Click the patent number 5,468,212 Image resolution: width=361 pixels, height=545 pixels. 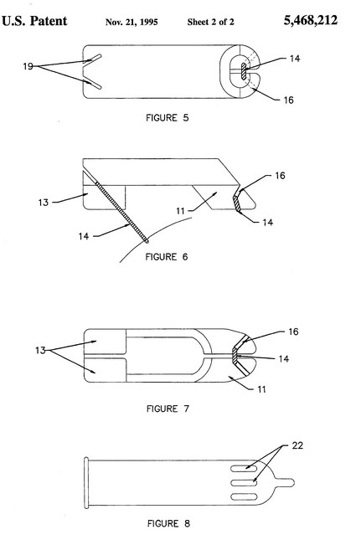[x=310, y=20]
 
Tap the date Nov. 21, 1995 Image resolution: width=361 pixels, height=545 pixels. [x=132, y=23]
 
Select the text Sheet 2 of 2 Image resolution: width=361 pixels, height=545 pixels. [x=210, y=22]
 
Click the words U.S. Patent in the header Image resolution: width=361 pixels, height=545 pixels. [x=34, y=21]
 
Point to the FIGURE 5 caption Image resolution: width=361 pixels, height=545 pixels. [x=167, y=118]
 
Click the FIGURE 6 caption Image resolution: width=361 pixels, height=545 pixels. [x=166, y=257]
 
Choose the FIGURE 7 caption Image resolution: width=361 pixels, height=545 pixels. [x=168, y=409]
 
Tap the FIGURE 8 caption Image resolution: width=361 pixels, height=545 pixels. [x=168, y=523]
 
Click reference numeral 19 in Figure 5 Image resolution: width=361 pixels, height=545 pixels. [x=28, y=66]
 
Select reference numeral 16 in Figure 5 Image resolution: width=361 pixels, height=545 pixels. [x=288, y=100]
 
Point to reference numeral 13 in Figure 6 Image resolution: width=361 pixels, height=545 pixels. [x=43, y=203]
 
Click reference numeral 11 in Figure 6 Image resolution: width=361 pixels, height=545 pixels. [x=180, y=211]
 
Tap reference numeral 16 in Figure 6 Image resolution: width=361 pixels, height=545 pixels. [x=280, y=176]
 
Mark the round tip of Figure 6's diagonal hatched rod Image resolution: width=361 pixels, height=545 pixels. [x=147, y=240]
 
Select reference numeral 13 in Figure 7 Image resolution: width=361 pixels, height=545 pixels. [x=40, y=350]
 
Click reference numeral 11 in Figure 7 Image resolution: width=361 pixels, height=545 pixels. [x=261, y=389]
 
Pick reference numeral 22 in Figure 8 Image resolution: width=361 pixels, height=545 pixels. [x=297, y=445]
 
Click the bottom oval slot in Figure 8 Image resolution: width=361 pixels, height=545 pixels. [x=244, y=496]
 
